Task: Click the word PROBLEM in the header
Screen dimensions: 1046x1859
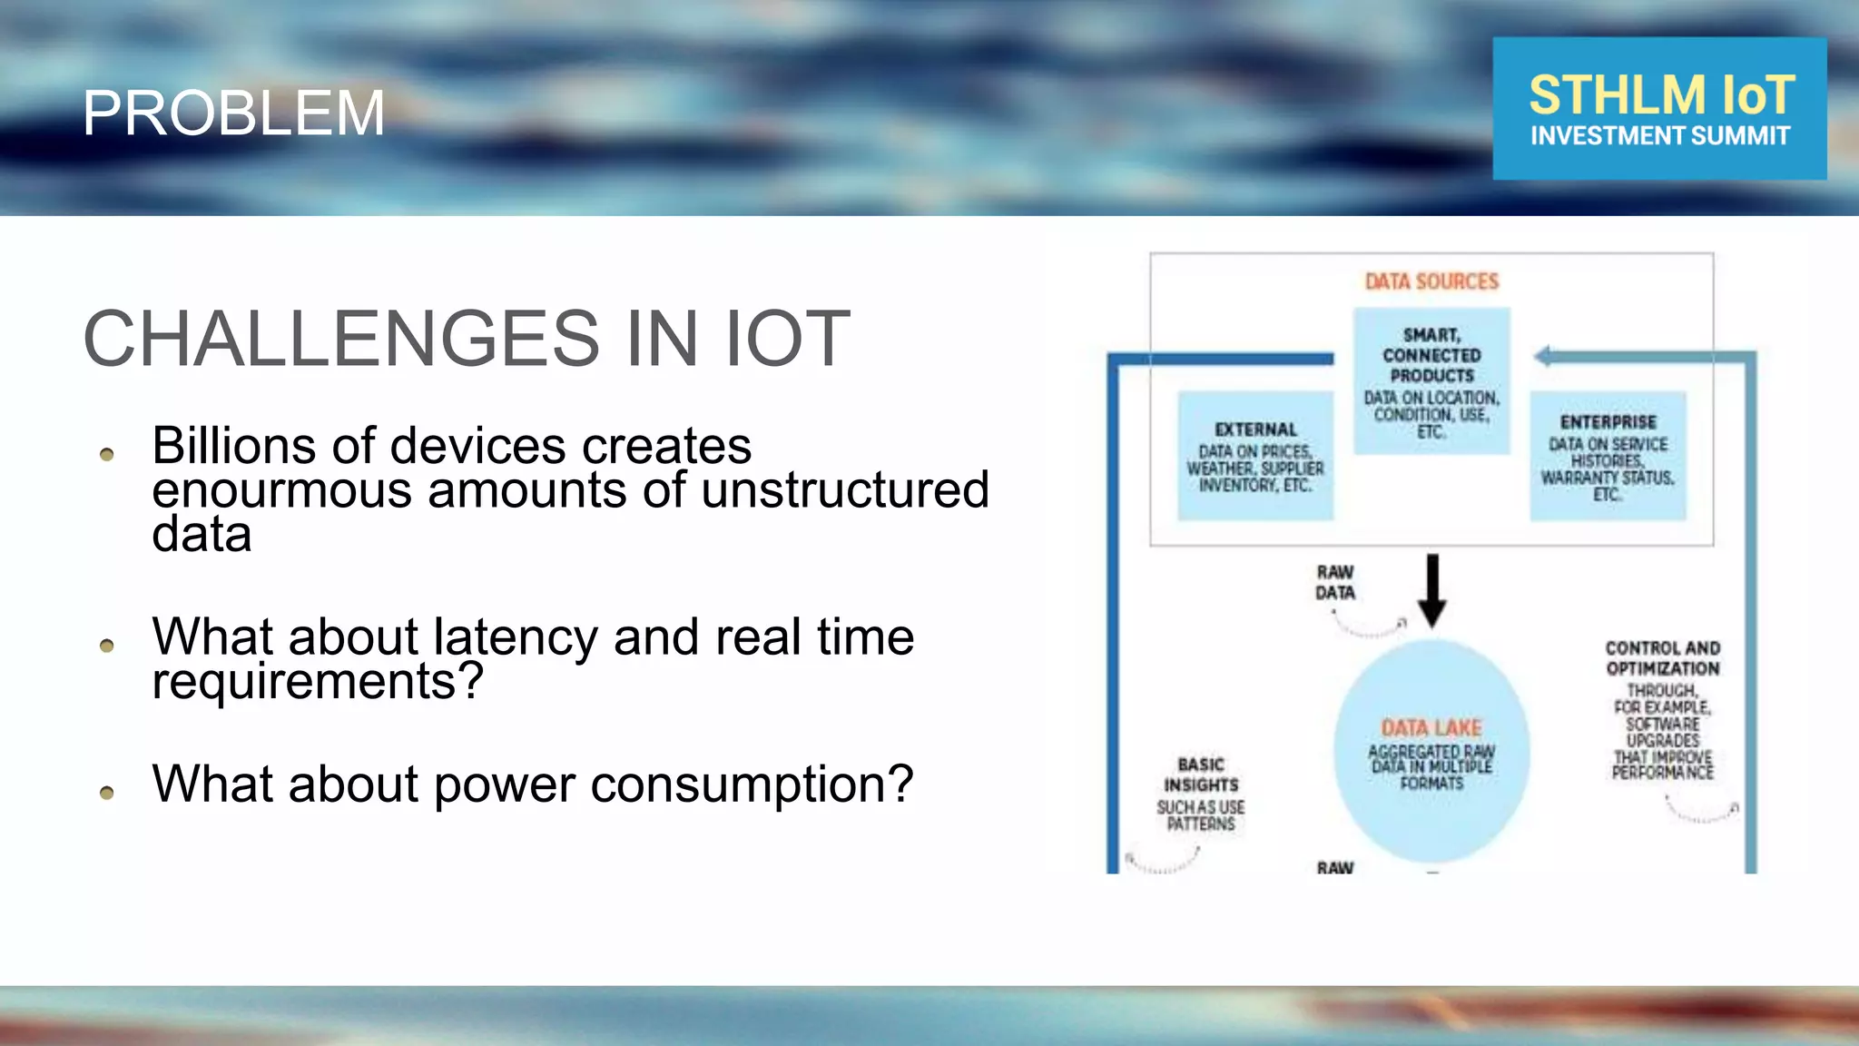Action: click(x=233, y=113)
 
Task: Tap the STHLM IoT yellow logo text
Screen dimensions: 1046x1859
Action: click(x=1661, y=94)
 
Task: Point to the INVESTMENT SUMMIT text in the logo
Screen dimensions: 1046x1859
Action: click(x=1660, y=136)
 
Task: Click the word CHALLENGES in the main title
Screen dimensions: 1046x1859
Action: click(x=341, y=339)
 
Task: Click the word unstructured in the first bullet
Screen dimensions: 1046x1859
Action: click(x=844, y=490)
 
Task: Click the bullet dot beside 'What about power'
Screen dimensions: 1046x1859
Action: click(x=107, y=793)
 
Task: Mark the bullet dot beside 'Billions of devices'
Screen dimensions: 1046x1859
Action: click(x=107, y=454)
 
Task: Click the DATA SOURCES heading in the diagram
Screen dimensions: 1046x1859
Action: click(x=1431, y=281)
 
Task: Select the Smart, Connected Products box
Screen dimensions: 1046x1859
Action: click(x=1431, y=380)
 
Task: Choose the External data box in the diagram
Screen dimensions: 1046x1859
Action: click(x=1255, y=456)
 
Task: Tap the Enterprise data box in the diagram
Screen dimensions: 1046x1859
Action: click(x=1608, y=456)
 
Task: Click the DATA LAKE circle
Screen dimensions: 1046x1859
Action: click(x=1431, y=750)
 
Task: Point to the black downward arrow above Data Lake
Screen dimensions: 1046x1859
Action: click(x=1432, y=590)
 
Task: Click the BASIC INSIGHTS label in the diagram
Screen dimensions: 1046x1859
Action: click(x=1201, y=775)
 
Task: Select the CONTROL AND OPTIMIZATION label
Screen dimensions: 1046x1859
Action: click(x=1662, y=658)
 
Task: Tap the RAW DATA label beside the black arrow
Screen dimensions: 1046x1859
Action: click(x=1334, y=582)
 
